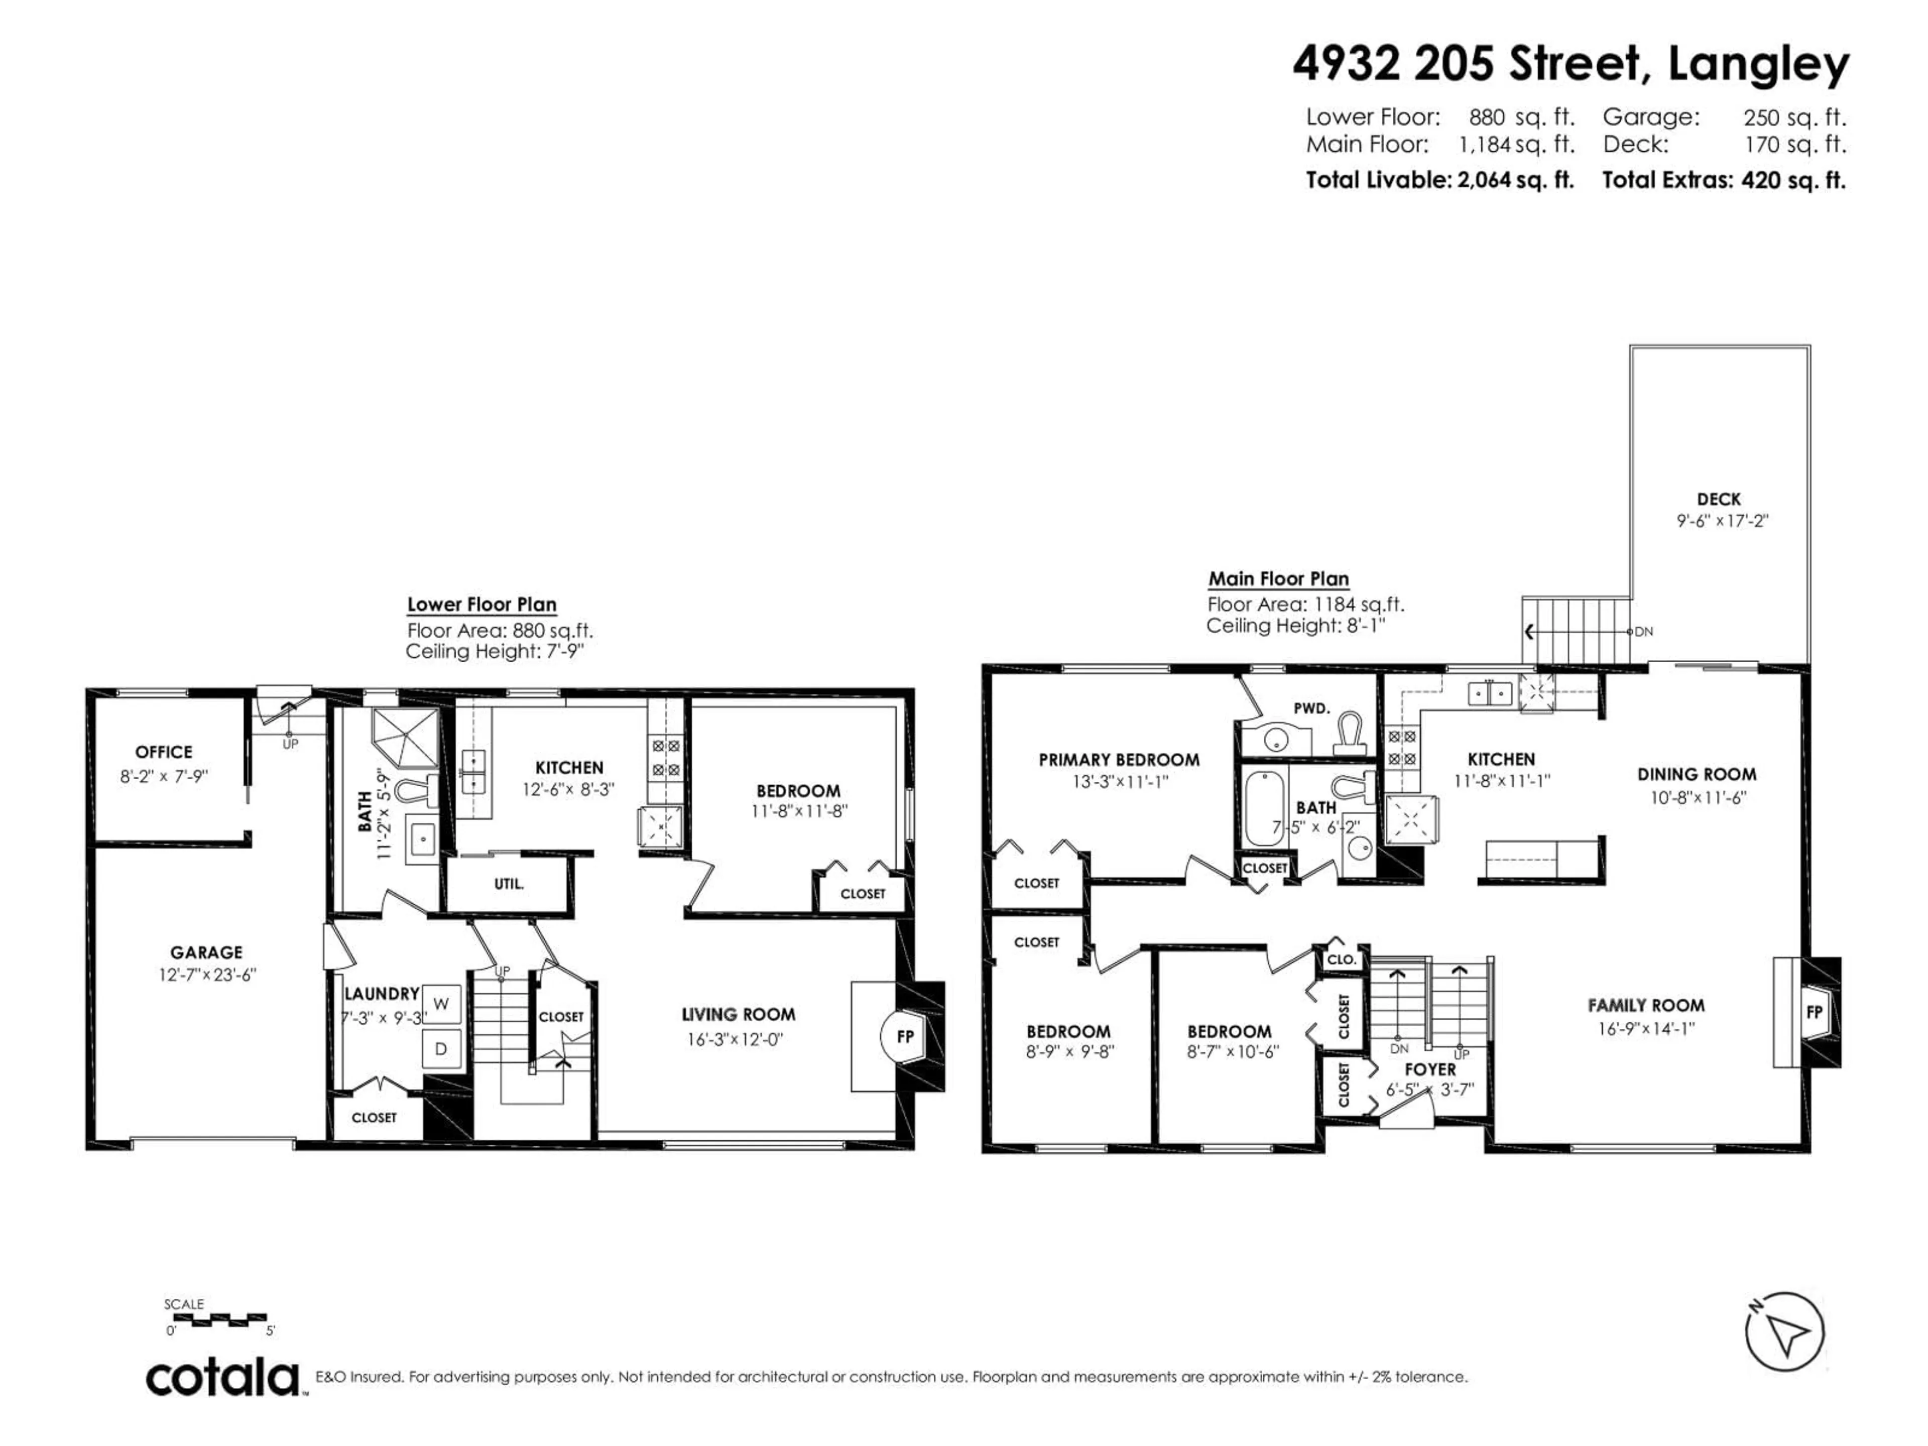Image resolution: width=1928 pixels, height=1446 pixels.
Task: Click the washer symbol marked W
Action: click(x=441, y=1004)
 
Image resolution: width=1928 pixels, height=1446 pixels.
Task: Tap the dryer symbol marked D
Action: click(x=441, y=1049)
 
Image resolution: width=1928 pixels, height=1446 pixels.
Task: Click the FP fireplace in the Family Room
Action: click(x=1814, y=1012)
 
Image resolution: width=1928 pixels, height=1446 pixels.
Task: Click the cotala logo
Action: click(x=223, y=1379)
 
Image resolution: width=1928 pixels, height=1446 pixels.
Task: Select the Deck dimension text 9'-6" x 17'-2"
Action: click(x=1722, y=521)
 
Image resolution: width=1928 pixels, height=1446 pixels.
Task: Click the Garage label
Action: click(x=206, y=952)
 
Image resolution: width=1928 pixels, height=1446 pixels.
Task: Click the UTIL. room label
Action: click(x=509, y=884)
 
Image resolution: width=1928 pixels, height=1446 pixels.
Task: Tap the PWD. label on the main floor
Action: click(x=1311, y=708)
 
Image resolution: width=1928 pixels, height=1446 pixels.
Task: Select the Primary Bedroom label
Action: click(x=1119, y=760)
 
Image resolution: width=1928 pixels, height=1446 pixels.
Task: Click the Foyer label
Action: click(x=1430, y=1068)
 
